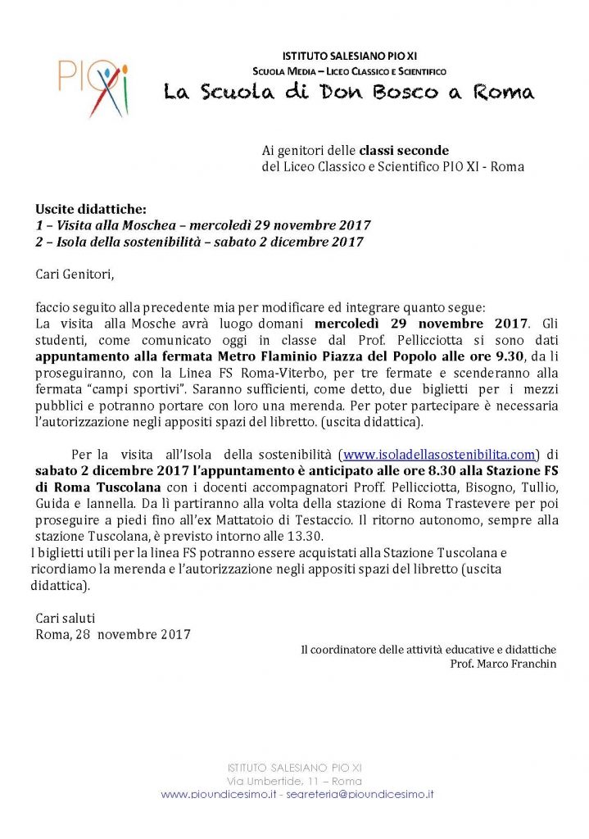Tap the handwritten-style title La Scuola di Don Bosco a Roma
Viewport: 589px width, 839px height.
(348, 92)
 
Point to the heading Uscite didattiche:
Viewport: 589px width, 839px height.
(90, 210)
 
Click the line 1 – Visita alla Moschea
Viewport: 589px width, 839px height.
(203, 225)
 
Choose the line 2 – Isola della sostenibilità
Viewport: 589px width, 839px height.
(199, 242)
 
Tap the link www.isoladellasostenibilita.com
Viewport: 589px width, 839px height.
(440, 453)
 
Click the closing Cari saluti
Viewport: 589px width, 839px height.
(66, 618)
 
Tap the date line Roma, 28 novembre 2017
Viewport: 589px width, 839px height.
(113, 634)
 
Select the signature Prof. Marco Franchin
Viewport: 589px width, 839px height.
(503, 664)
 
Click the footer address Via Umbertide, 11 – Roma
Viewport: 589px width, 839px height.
(294, 780)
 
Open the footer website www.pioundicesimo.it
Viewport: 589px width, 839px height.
(216, 794)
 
